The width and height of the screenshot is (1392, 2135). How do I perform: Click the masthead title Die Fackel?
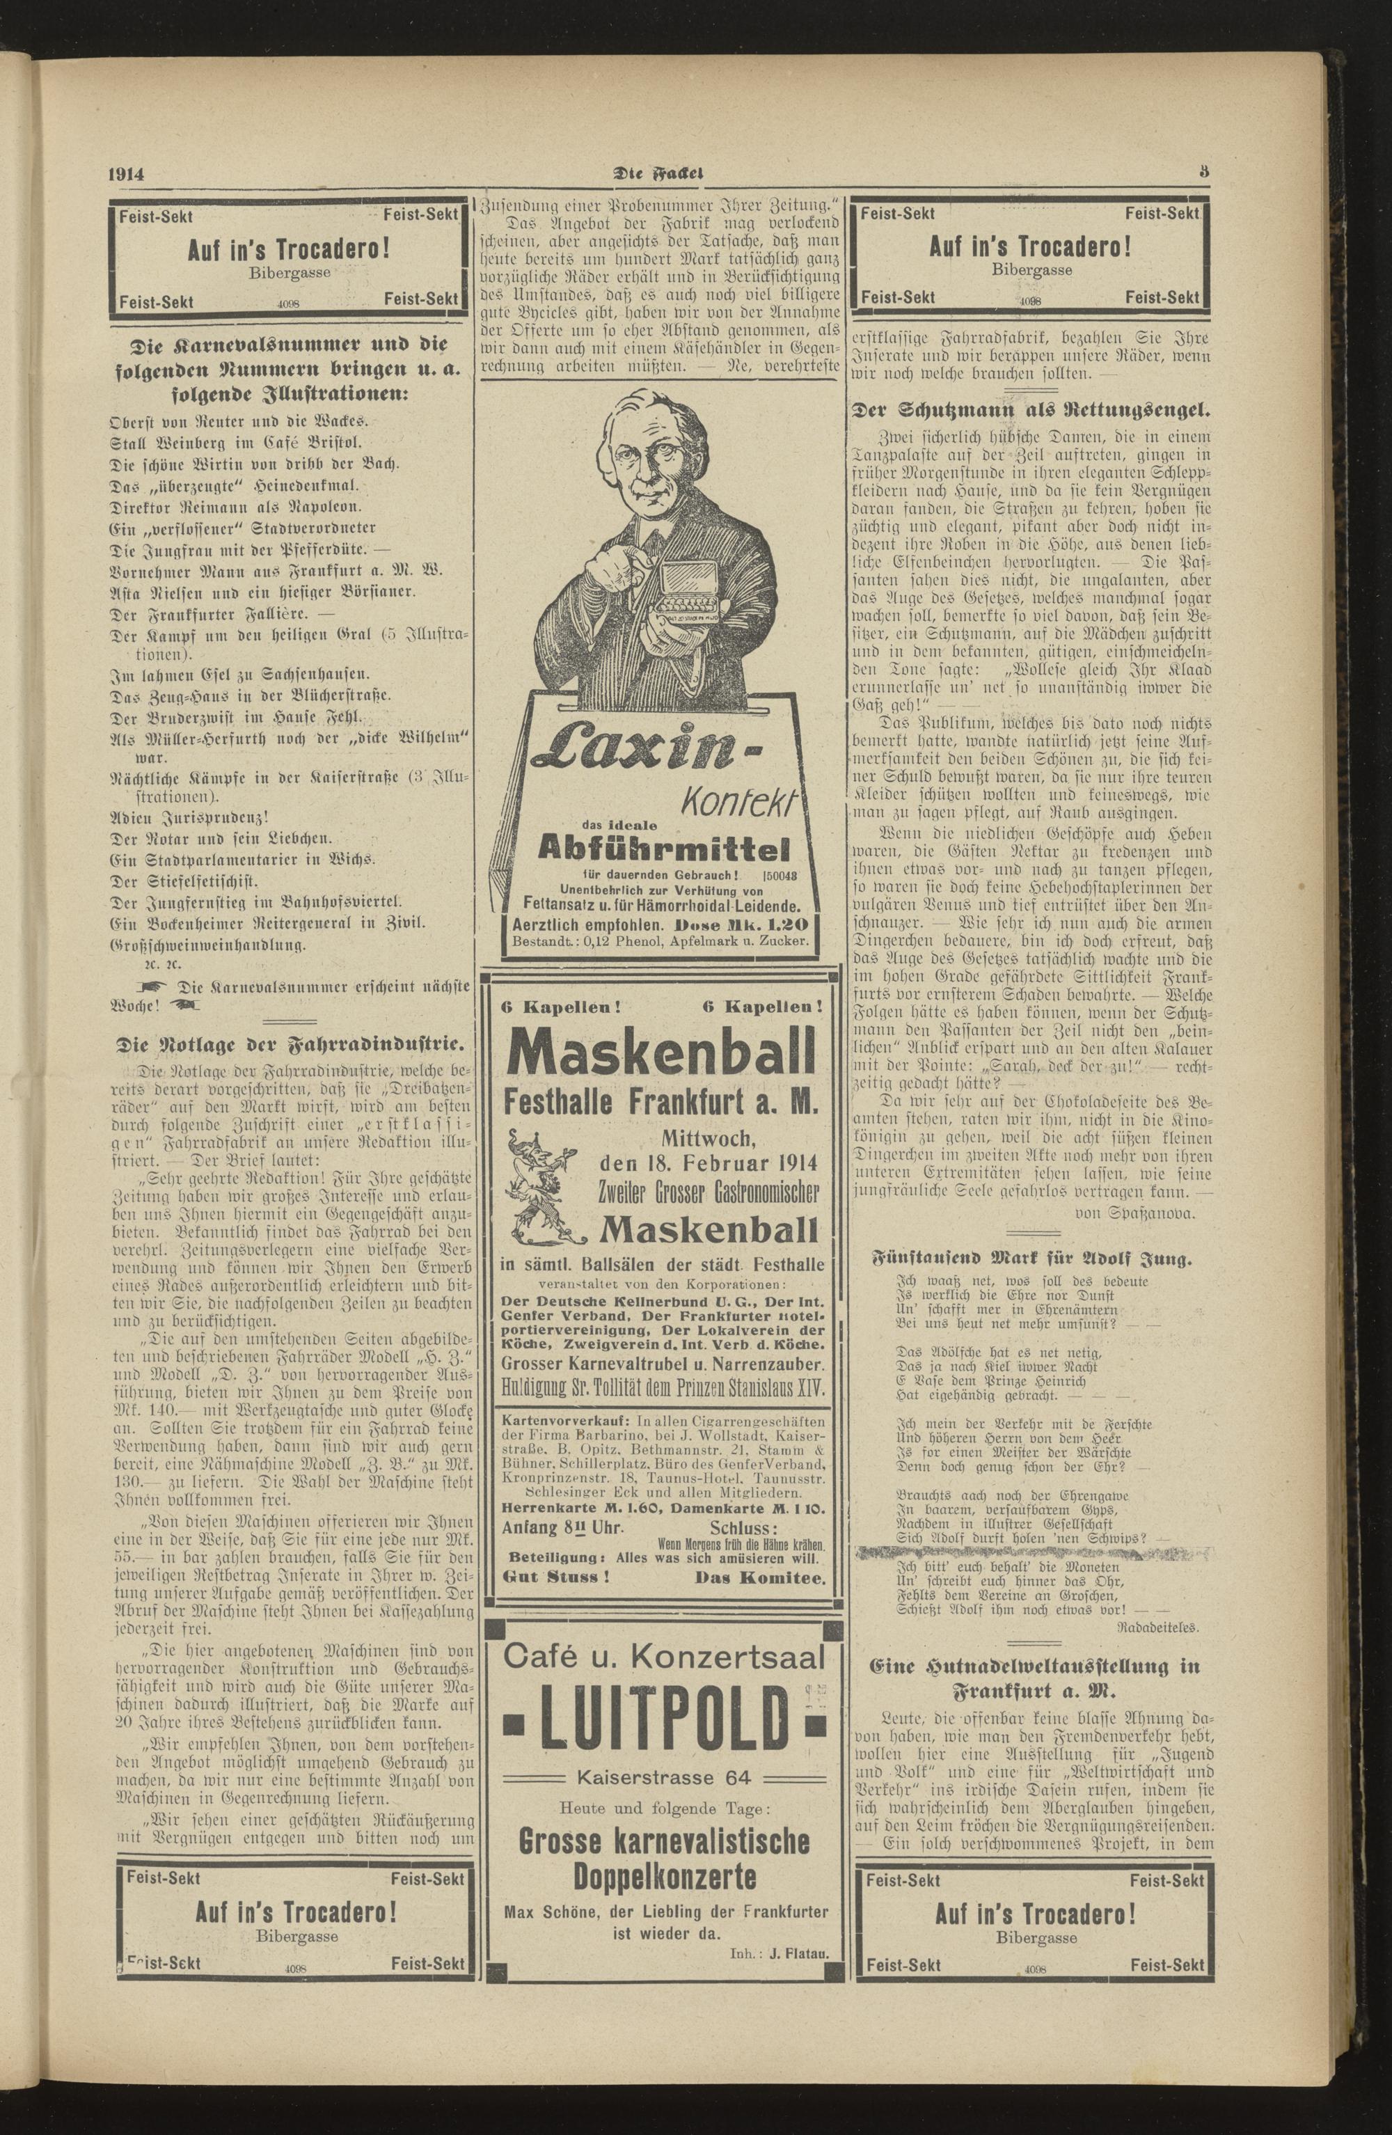click(x=661, y=175)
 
